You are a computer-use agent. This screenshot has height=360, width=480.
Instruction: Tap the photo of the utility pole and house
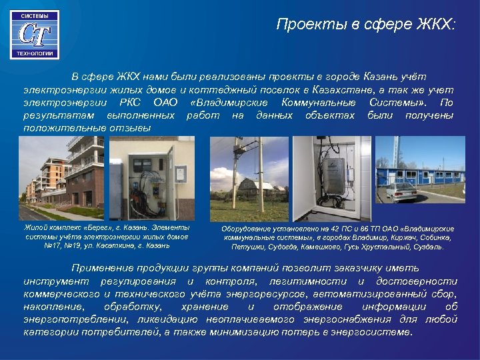[x=249, y=179]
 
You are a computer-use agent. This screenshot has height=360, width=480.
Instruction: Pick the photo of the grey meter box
[x=332, y=179]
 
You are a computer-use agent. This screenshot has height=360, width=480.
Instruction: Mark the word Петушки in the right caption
[x=247, y=247]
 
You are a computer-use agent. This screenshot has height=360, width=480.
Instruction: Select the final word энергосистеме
[x=375, y=331]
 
